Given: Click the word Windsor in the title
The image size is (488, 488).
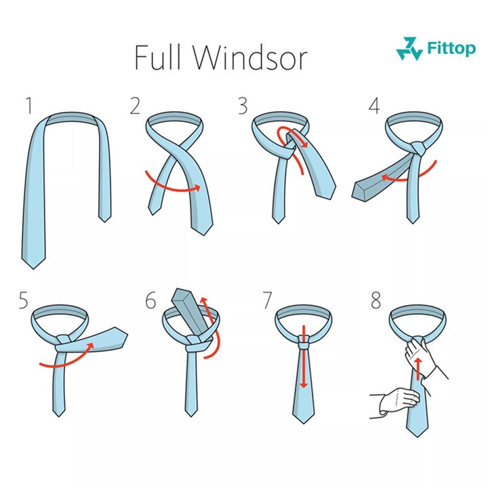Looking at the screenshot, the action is (x=251, y=58).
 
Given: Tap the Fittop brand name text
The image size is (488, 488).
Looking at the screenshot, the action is (x=451, y=48).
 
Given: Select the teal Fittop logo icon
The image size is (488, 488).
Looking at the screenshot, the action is (x=409, y=49).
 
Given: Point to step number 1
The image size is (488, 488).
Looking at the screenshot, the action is (x=29, y=106).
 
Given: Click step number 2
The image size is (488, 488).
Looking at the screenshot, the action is (x=135, y=106).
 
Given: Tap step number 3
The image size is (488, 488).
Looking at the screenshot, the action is (x=243, y=106).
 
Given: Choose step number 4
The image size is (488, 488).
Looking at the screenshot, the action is (x=374, y=106).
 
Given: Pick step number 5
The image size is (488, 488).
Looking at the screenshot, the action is (x=23, y=300).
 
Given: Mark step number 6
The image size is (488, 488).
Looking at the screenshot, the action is (x=150, y=300).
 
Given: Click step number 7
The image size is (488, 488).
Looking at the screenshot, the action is (x=267, y=300).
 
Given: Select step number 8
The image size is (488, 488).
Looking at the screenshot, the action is (x=376, y=300).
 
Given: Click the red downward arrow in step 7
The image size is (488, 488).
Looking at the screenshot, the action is (x=304, y=357).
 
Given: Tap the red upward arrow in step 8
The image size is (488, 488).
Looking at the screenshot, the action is (x=419, y=369).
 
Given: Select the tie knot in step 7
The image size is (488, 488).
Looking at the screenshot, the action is (x=304, y=342).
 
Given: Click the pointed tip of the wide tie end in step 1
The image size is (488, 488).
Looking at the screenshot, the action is (x=33, y=268).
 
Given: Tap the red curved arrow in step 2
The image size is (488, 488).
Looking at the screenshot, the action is (x=173, y=185).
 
